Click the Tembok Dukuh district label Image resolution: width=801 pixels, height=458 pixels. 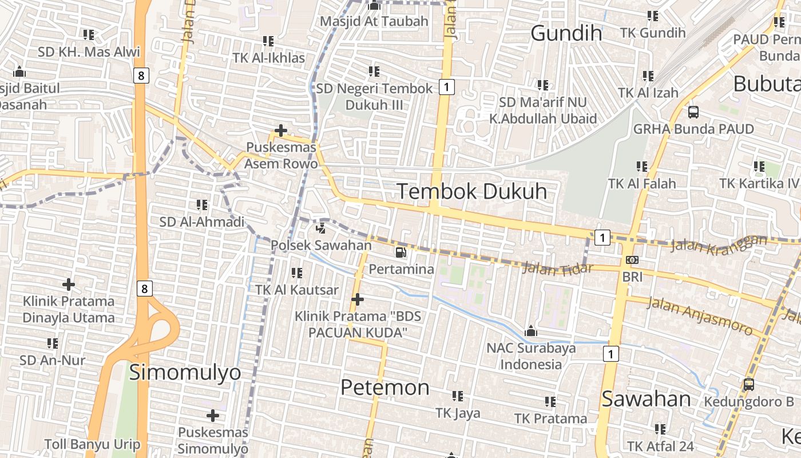tap(472, 191)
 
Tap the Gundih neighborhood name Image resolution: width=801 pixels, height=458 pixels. tap(566, 33)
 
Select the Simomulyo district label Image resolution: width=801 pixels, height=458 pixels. tap(185, 373)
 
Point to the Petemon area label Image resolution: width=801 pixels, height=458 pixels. tap(384, 388)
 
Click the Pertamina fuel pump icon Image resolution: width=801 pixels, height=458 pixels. tap(400, 252)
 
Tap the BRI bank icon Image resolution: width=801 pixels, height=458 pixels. tap(632, 260)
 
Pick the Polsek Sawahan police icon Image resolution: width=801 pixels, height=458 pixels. tap(321, 228)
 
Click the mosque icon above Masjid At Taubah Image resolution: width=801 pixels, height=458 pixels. tap(374, 6)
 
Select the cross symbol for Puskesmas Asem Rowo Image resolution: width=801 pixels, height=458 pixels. tap(280, 131)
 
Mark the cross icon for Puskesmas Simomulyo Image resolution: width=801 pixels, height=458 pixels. tap(213, 415)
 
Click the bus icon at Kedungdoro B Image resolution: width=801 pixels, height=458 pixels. tap(748, 385)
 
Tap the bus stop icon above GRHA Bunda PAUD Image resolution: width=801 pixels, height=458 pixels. tap(693, 112)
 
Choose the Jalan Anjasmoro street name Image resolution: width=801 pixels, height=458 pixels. tap(699, 315)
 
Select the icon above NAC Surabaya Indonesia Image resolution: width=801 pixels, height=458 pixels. tap(531, 331)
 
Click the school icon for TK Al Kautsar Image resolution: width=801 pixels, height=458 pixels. tap(296, 273)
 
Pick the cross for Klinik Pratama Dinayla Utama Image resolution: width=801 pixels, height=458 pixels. tap(69, 284)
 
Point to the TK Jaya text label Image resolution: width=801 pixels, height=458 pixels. tap(458, 413)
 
